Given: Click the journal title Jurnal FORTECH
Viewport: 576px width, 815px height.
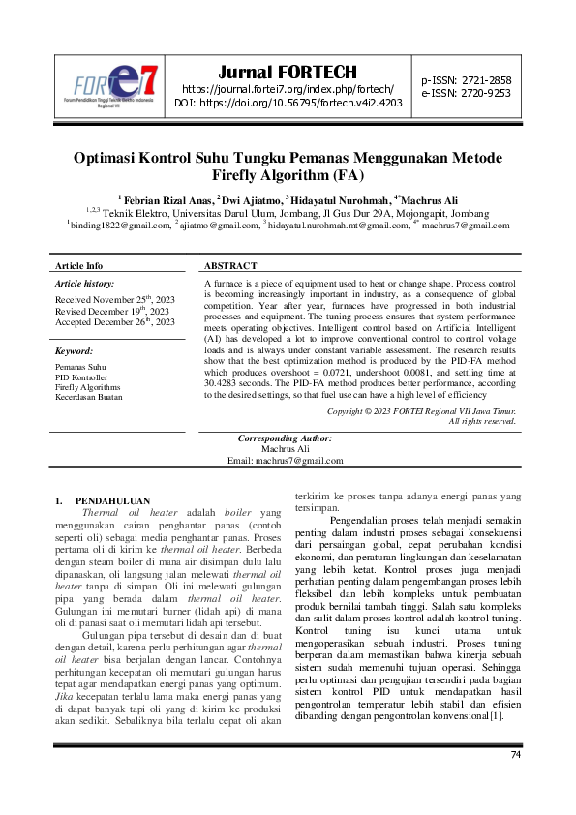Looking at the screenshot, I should [x=288, y=73].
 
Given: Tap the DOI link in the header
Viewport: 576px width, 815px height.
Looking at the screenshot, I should [x=288, y=102].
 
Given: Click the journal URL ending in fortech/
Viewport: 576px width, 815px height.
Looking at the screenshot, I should [x=288, y=88].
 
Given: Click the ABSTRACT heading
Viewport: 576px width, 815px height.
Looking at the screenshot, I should [x=230, y=265].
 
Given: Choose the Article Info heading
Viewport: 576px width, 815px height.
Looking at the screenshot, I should [x=78, y=265].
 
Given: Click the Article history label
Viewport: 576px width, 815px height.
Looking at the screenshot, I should [x=84, y=284].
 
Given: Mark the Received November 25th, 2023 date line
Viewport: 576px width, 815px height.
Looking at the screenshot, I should [x=114, y=301].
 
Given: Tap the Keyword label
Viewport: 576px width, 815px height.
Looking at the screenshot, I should [x=74, y=351].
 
